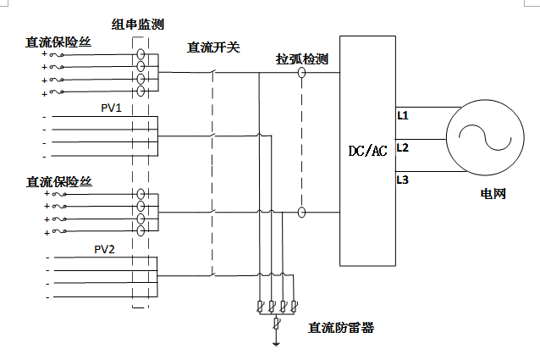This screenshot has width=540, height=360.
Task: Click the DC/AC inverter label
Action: coord(367,151)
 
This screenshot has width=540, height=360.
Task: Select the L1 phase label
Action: coord(403,114)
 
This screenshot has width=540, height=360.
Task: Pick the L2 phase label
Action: coord(403,147)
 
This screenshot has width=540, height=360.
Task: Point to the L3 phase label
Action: coord(403,180)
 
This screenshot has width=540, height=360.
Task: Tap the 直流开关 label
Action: coord(213,47)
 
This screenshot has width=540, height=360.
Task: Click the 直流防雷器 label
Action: coord(341,327)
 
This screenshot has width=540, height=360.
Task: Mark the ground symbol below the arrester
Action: coord(276,342)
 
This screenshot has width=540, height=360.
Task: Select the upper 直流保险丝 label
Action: coord(58,41)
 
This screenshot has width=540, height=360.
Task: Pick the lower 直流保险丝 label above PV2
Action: coord(58,181)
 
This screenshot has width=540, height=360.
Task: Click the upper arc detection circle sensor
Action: coord(301,74)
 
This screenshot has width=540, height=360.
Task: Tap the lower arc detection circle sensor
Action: coord(301,213)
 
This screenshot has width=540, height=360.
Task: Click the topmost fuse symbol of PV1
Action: coord(58,54)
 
